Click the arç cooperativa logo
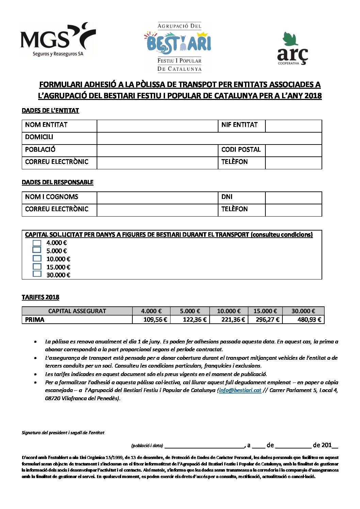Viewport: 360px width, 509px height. click(x=292, y=49)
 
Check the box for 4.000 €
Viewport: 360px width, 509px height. click(x=37, y=243)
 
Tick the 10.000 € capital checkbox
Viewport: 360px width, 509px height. click(x=37, y=258)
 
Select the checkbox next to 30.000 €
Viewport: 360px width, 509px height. click(x=37, y=274)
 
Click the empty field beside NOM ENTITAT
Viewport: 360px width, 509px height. click(x=157, y=125)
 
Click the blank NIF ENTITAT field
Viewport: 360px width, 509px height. click(x=293, y=125)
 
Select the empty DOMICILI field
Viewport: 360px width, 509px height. click(x=209, y=138)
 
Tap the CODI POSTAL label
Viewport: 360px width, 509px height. click(x=241, y=150)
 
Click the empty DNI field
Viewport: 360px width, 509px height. click(x=293, y=198)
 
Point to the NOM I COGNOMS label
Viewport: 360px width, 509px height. click(x=52, y=197)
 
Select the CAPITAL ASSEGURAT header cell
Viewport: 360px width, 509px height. click(x=77, y=311)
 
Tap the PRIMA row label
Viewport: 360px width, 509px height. click(x=35, y=320)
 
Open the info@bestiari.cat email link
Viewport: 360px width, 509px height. click(x=240, y=390)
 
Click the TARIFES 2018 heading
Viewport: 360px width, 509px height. click(x=40, y=298)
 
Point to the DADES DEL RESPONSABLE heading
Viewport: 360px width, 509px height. click(x=58, y=182)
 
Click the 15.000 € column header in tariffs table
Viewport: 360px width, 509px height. click(x=265, y=311)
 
